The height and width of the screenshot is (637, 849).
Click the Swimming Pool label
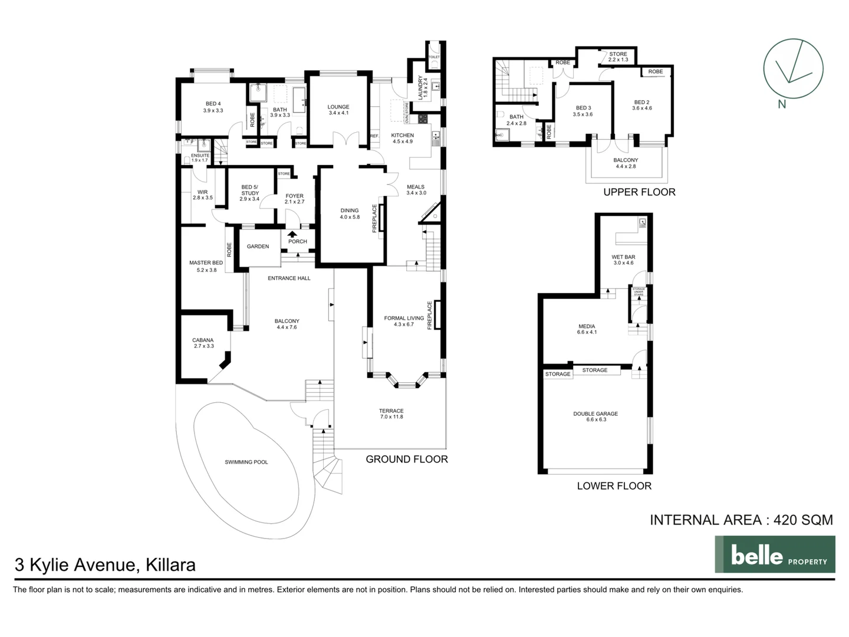pos(246,462)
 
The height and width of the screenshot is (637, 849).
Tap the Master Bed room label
pos(206,263)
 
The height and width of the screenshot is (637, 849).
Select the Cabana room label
pos(203,340)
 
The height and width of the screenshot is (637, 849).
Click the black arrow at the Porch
pos(293,234)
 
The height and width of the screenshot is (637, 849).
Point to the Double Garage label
pos(595,414)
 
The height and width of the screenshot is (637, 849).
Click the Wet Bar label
pos(623,257)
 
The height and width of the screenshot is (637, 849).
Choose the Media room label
pos(587,326)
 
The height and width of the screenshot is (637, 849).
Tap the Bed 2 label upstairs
pos(641,103)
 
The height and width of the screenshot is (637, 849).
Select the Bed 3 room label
pos(583,108)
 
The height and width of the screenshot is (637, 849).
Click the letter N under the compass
pos(782,105)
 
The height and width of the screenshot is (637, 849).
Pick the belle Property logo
pos(775,554)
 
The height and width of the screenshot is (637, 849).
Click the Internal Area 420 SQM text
pos(741,520)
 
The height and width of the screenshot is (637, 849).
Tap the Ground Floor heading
pos(406,459)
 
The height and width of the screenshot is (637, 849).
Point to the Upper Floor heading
pos(639,192)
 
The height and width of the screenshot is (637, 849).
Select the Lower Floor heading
pos(614,485)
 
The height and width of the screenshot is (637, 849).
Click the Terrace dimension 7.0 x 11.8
pos(391,417)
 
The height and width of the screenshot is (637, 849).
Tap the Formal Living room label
pos(404,318)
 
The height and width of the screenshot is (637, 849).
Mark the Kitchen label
pos(403,136)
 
